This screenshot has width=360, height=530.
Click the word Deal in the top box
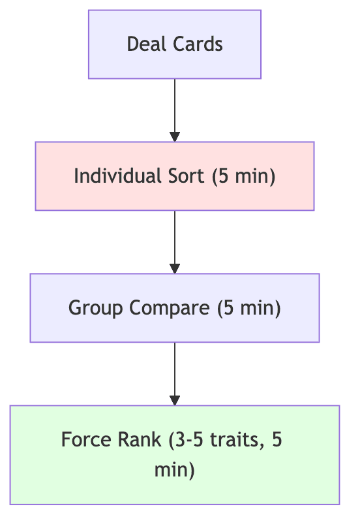[141, 44]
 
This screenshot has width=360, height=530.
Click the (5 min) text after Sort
[243, 176]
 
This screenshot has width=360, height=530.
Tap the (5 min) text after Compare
[248, 308]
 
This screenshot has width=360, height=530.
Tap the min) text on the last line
[175, 470]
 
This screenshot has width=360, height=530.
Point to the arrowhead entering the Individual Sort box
[175, 136]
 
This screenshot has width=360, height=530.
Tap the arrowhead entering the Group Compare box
[175, 268]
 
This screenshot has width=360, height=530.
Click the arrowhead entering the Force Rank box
[175, 400]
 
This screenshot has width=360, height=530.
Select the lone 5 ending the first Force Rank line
[277, 439]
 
